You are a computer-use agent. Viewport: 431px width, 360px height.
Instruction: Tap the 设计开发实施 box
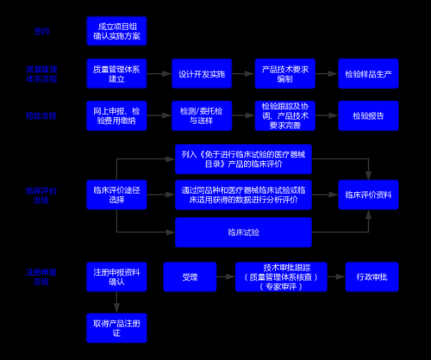pos(198,74)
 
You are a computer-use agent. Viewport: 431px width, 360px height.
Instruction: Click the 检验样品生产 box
pos(369,74)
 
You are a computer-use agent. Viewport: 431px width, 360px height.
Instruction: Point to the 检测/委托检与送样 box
pos(198,115)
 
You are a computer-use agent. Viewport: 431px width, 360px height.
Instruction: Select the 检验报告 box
pos(369,115)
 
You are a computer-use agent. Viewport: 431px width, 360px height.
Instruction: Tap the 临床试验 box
pos(243,232)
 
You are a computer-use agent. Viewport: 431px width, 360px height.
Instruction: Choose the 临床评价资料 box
pos(369,194)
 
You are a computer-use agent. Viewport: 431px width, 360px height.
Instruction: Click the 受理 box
pos(190,277)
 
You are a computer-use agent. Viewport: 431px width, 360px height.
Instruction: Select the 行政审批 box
pos(372,277)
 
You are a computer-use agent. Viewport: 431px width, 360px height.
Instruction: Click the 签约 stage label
pos(42,31)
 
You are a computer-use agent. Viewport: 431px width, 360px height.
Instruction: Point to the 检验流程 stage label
pos(42,115)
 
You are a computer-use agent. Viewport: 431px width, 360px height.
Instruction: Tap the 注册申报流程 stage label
pos(42,277)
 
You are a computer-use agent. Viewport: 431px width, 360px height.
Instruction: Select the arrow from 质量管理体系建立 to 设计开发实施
pos(159,74)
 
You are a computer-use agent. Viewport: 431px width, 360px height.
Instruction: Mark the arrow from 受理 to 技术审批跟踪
pos(226,277)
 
